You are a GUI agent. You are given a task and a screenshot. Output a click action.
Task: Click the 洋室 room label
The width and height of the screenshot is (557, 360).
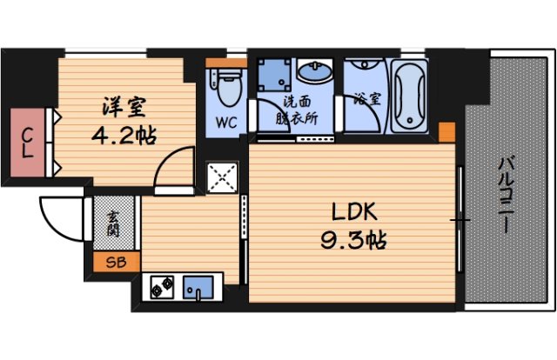click(123, 109)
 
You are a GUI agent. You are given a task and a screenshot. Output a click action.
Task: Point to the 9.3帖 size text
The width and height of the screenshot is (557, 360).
click(352, 238)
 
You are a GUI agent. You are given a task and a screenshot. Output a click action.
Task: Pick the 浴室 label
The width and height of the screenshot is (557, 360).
click(366, 99)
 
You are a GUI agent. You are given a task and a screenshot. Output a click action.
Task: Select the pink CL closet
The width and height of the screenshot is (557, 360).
click(29, 142)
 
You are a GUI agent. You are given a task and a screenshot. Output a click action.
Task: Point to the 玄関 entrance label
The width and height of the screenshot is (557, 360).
click(114, 222)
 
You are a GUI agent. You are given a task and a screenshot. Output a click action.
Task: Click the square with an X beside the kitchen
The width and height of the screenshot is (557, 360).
click(225, 181)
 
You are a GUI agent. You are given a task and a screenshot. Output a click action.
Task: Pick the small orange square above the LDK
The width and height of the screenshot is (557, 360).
click(446, 131)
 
